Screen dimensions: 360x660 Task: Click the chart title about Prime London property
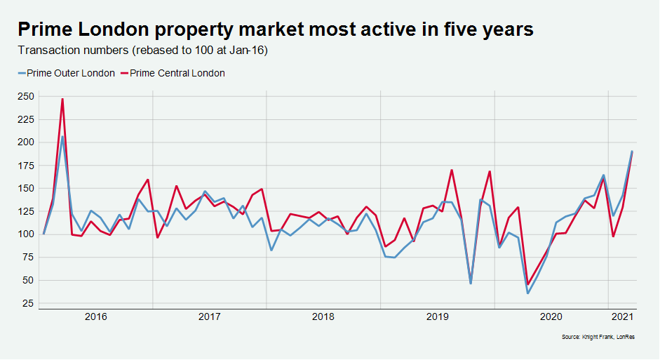click(x=276, y=29)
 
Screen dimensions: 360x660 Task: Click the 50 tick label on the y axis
click(x=27, y=281)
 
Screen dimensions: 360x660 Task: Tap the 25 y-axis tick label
click(x=27, y=304)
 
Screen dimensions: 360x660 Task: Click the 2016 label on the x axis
click(x=96, y=317)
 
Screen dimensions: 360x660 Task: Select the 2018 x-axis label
click(x=323, y=317)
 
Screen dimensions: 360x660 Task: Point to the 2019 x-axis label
click(x=437, y=317)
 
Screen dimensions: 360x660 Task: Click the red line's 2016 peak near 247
click(x=62, y=99)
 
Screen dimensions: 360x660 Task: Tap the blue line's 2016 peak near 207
click(x=62, y=136)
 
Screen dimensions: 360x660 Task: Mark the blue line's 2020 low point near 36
click(x=527, y=293)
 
